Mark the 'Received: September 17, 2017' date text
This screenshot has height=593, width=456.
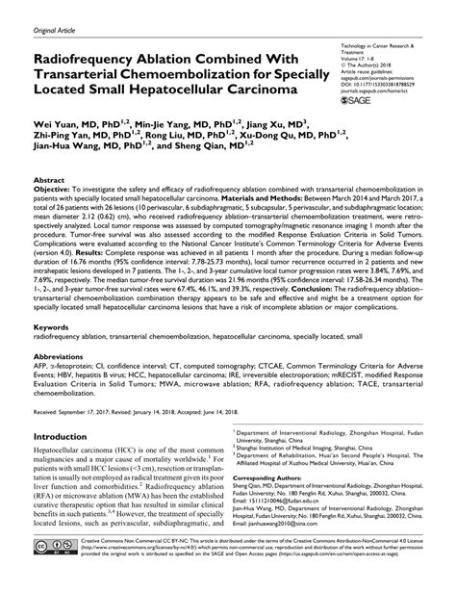(x=77, y=412)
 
